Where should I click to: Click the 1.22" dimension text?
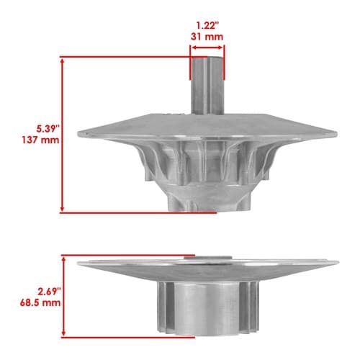(x=207, y=25)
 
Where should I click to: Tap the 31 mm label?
(x=207, y=37)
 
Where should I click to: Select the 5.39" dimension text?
(x=48, y=129)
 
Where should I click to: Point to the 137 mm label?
(x=40, y=140)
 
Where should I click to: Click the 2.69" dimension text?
(x=49, y=292)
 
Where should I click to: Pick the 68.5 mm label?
(x=40, y=302)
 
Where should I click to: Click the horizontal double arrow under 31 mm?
(x=207, y=48)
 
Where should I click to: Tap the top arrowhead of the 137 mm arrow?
(x=63, y=62)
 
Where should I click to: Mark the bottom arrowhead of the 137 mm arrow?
(x=63, y=208)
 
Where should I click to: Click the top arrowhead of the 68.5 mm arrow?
(x=63, y=260)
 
